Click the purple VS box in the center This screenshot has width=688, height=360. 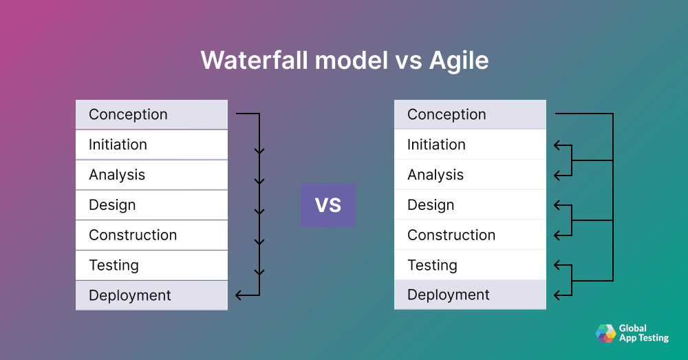tap(328, 205)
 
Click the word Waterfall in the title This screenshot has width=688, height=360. tap(254, 61)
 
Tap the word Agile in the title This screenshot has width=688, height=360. tap(459, 61)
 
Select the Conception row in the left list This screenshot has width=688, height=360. tap(151, 114)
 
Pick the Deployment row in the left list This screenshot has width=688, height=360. tap(151, 295)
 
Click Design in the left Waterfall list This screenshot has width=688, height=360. tap(151, 205)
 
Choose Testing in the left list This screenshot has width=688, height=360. tap(151, 265)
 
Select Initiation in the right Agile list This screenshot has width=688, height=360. tap(470, 145)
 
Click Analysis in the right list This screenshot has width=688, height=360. tap(470, 175)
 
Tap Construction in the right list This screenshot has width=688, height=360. tap(470, 235)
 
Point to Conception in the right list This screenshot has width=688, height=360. tap(470, 114)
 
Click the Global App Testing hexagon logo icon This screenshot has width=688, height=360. tap(605, 333)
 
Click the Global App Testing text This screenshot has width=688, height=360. tap(643, 333)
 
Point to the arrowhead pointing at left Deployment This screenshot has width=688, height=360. tap(239, 295)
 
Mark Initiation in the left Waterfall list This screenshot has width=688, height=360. tap(151, 145)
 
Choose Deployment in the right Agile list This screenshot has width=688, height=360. tap(470, 295)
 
